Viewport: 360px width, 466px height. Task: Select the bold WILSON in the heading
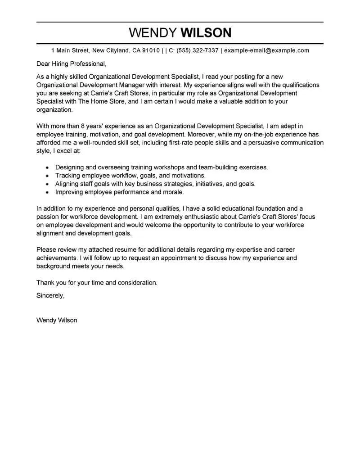pyautogui.click(x=206, y=32)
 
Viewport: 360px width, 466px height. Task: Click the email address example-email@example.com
pyautogui.click(x=266, y=50)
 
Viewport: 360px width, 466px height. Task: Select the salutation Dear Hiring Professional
pyautogui.click(x=71, y=63)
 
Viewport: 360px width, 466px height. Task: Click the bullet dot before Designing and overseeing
pyautogui.click(x=47, y=167)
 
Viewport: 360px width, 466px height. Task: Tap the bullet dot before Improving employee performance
pyautogui.click(x=47, y=192)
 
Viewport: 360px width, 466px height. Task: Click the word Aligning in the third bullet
pyautogui.click(x=68, y=184)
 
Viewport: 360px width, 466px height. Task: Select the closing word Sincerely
pyautogui.click(x=50, y=295)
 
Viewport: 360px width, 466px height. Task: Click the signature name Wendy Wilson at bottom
pyautogui.click(x=56, y=320)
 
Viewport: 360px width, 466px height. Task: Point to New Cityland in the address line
pyautogui.click(x=112, y=50)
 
